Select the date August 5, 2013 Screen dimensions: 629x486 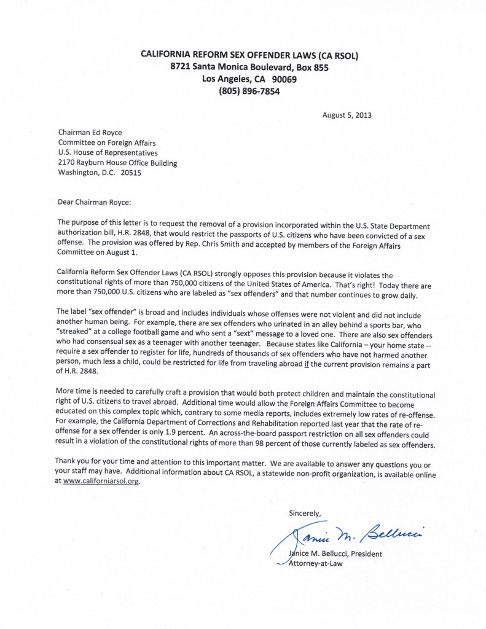pos(347,114)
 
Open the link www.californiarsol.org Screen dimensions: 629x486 pos(101,482)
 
